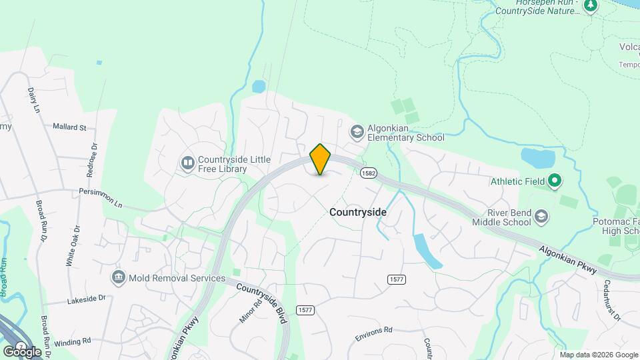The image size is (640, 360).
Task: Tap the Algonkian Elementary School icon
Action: [x=358, y=131]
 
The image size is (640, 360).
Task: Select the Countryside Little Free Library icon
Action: [x=189, y=163]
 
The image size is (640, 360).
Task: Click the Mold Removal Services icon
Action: [x=119, y=277]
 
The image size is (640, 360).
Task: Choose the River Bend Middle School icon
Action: [x=542, y=215]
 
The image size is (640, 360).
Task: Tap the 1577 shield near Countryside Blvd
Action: [x=305, y=310]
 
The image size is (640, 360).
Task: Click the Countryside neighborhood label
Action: [x=358, y=211]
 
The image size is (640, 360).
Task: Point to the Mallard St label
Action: [x=69, y=127]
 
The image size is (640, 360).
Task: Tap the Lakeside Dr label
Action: [x=87, y=301]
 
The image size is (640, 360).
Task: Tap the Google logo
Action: [x=21, y=351]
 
